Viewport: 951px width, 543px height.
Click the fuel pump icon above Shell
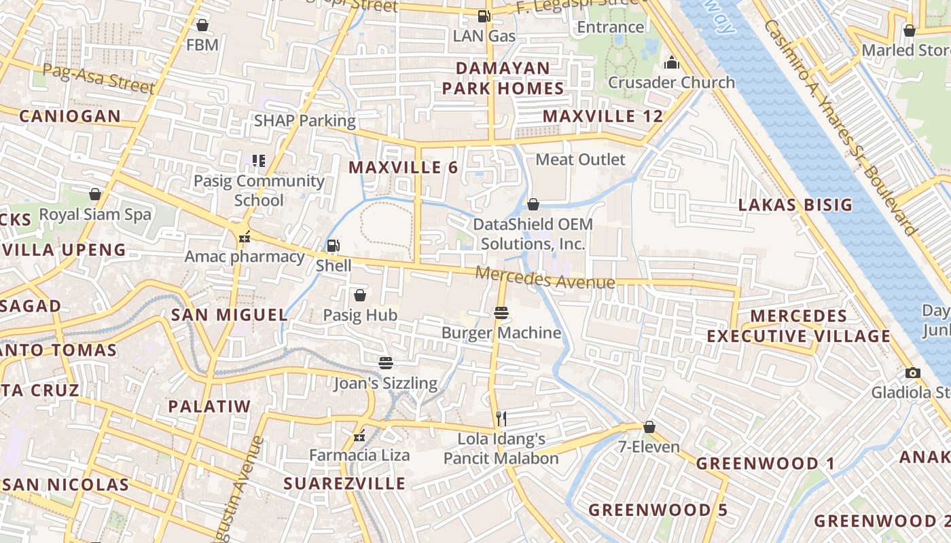(333, 246)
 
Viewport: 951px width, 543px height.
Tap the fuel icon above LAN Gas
(484, 16)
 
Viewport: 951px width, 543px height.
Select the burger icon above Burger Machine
(501, 313)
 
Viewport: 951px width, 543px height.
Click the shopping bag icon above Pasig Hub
(360, 295)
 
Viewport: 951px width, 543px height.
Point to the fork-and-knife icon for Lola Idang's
(501, 418)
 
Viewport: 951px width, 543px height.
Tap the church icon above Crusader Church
(672, 63)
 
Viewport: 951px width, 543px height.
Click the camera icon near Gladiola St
(913, 373)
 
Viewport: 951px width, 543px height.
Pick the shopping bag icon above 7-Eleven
(649, 427)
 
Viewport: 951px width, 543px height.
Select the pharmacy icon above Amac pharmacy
(245, 237)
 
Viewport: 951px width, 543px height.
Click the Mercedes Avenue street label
(545, 278)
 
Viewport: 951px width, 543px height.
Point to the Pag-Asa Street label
(98, 78)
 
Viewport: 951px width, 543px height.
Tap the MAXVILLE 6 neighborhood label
(403, 167)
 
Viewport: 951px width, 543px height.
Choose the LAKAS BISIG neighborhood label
(795, 205)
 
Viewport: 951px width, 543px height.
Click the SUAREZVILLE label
(344, 483)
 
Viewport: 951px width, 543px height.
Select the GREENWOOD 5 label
(658, 510)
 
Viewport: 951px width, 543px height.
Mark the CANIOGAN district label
(69, 116)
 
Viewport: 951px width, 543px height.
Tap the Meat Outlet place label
(580, 160)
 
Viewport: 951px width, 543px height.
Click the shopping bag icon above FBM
(202, 26)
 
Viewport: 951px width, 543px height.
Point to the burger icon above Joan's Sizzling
(386, 362)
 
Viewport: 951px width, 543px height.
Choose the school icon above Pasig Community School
(259, 161)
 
